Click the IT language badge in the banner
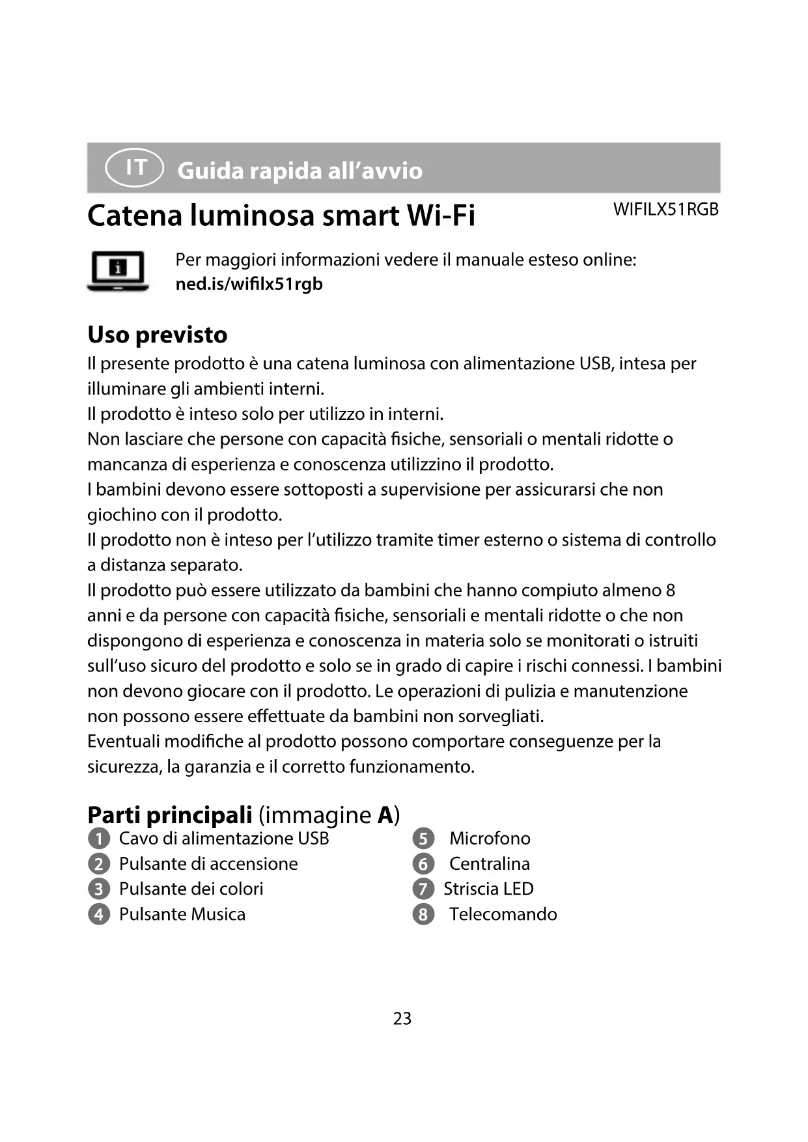[135, 168]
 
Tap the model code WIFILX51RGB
[665, 210]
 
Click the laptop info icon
[118, 271]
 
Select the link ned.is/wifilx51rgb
[249, 285]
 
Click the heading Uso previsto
[158, 335]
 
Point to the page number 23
[402, 1018]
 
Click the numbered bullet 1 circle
[98, 839]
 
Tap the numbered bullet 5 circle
[423, 839]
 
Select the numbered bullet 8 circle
[423, 915]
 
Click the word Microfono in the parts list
[490, 839]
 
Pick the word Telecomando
[503, 915]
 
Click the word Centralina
[489, 864]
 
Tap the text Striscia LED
[488, 889]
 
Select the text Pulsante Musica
[182, 915]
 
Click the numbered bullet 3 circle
[98, 889]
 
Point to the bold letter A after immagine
[385, 815]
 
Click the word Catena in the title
[135, 216]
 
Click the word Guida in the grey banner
[210, 171]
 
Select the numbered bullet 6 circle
[423, 864]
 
